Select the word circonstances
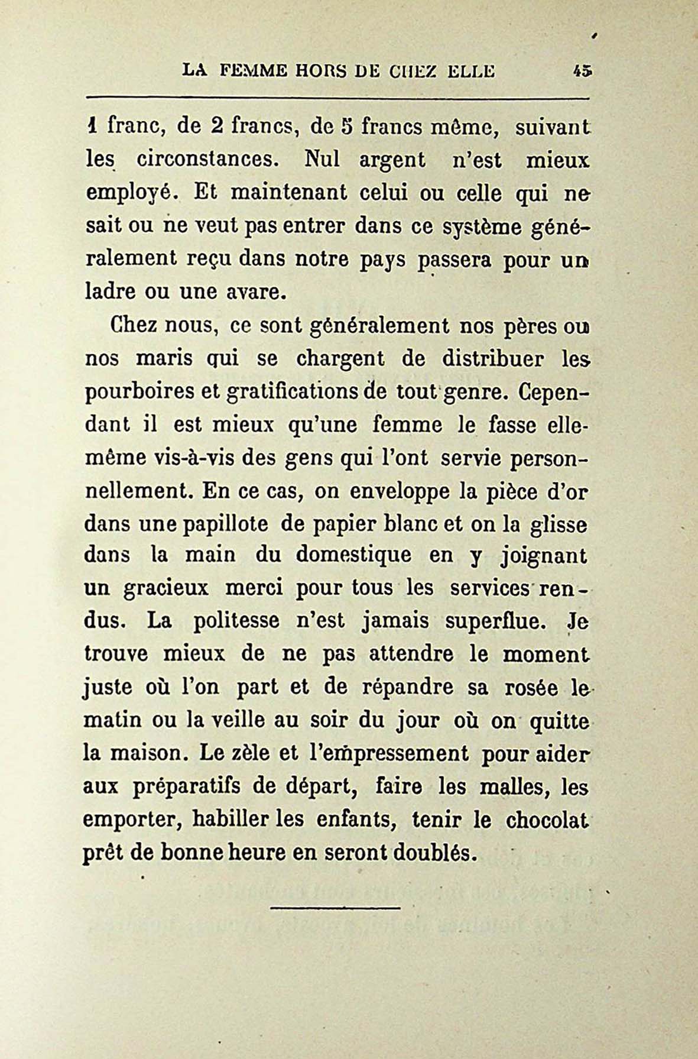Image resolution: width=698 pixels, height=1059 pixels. [215, 160]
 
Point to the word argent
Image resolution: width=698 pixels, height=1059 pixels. [392, 160]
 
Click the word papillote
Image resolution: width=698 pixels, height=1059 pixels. [217, 524]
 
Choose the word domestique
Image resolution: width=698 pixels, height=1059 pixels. [353, 556]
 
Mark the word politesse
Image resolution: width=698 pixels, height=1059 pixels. [236, 621]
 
